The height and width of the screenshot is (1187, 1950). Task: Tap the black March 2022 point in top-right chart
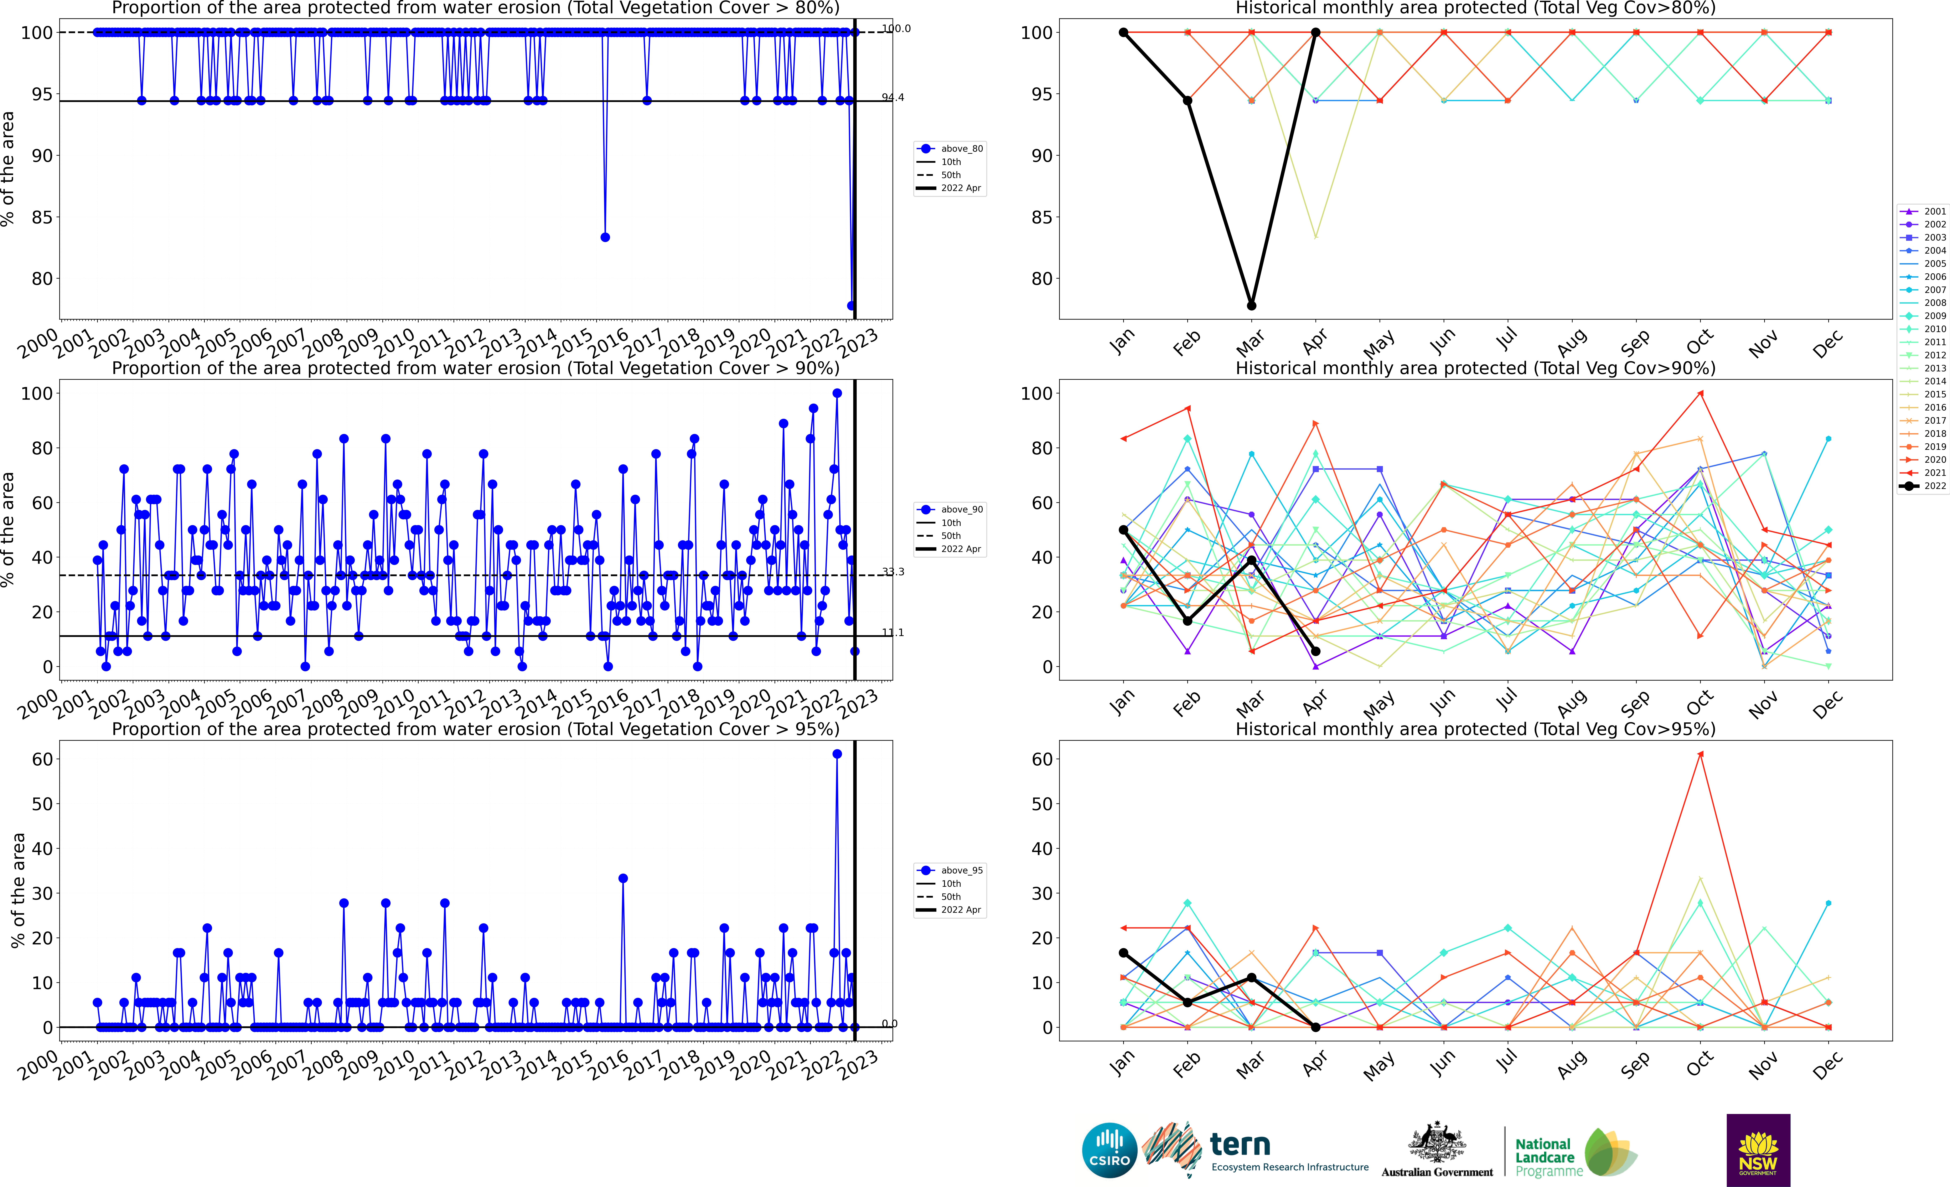1251,305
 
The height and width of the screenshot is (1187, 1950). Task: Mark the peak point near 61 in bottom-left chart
837,754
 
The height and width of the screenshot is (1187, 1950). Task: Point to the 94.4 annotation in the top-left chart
893,97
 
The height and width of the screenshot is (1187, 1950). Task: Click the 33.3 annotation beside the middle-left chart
893,571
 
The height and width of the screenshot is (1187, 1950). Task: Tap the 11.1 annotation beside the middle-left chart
893,632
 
